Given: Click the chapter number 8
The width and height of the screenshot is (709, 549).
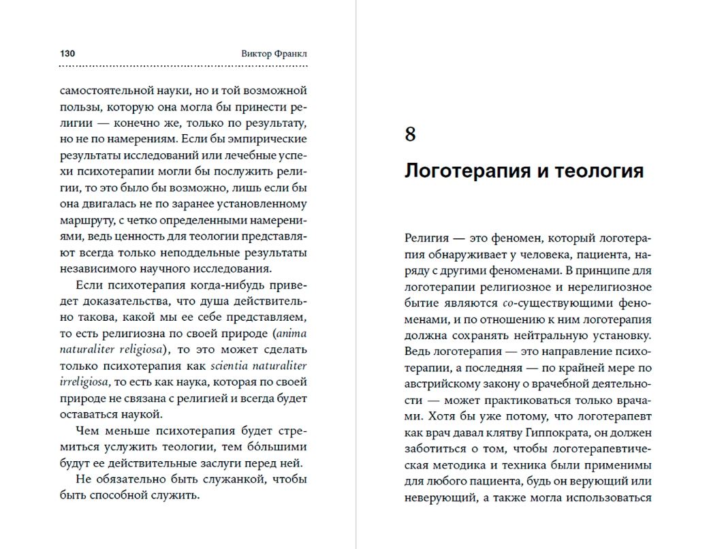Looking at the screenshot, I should [x=410, y=134].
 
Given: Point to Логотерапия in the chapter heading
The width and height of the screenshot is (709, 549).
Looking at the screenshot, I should [x=464, y=170].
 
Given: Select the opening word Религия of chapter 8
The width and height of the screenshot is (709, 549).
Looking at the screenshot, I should [x=426, y=238].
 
